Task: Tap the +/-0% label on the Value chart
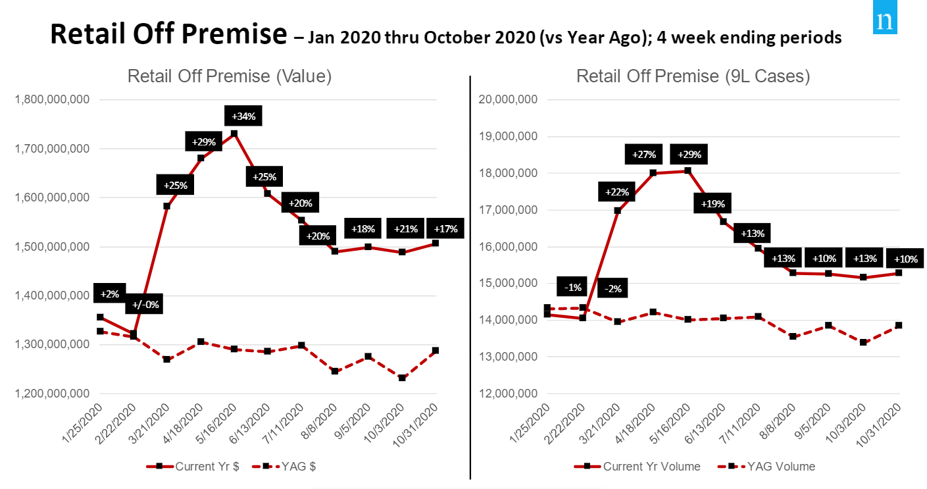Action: pyautogui.click(x=146, y=305)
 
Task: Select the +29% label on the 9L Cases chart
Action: pyautogui.click(x=689, y=155)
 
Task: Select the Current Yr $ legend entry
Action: pyautogui.click(x=197, y=466)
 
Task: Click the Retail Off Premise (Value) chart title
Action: pyautogui.click(x=230, y=76)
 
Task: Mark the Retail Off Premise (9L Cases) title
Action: pyautogui.click(x=693, y=76)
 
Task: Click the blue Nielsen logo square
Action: pyautogui.click(x=886, y=21)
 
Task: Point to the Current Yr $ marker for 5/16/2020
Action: pyautogui.click(x=234, y=134)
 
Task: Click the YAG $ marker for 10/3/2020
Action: pyautogui.click(x=402, y=378)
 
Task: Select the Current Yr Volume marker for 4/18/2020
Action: pyautogui.click(x=653, y=173)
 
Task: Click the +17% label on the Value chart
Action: pyautogui.click(x=446, y=229)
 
